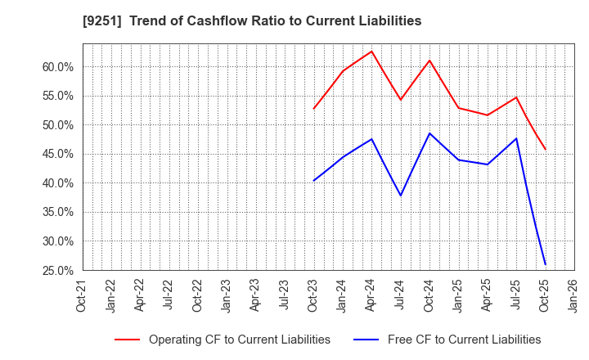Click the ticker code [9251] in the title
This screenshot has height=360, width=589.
tap(97, 21)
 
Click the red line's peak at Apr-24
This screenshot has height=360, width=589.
tap(371, 52)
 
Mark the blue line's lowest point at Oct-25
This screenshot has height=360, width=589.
tap(545, 264)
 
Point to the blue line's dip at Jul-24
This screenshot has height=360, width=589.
tap(400, 196)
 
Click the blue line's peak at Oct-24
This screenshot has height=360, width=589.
tap(429, 133)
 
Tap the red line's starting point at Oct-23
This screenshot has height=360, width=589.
tap(313, 109)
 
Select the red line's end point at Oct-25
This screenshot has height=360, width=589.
tap(545, 150)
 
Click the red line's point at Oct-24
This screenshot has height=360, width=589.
tap(429, 61)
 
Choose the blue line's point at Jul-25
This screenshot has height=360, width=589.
tap(516, 138)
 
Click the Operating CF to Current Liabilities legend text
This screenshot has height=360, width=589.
tap(239, 340)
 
